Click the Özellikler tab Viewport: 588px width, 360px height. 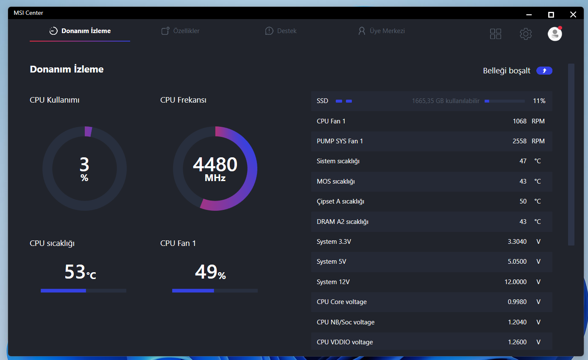click(180, 31)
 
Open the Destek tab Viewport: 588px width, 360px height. click(281, 31)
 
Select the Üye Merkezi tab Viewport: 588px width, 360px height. click(382, 31)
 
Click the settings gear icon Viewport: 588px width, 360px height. click(526, 34)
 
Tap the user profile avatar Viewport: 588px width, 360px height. click(555, 34)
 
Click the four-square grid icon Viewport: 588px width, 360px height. click(496, 34)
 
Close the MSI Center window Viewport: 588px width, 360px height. click(573, 14)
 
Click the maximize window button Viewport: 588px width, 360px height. click(551, 15)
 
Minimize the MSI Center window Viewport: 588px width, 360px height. click(529, 15)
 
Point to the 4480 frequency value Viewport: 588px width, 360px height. click(215, 165)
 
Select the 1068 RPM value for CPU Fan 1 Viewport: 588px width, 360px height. click(519, 121)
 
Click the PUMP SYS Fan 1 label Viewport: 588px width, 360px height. click(340, 141)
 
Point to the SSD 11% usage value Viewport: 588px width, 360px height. click(539, 101)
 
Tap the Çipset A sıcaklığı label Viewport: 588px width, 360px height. click(340, 201)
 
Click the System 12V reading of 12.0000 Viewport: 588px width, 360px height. click(516, 282)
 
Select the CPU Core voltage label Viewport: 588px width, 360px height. click(342, 302)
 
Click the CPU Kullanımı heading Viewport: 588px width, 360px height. click(54, 100)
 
